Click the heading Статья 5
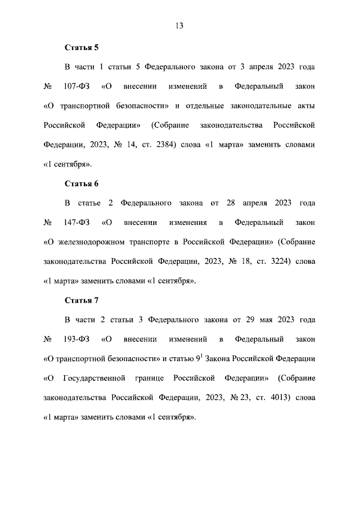click(x=82, y=48)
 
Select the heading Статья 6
click(x=82, y=183)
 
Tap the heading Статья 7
click(x=82, y=299)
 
